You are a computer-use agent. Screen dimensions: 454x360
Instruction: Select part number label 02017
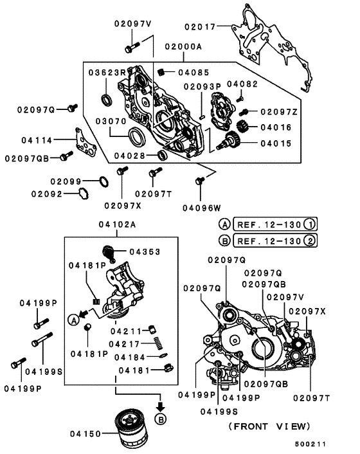coord(201,26)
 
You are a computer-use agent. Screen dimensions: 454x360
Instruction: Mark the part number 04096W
coord(201,207)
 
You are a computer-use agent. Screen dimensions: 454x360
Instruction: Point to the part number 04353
coord(145,251)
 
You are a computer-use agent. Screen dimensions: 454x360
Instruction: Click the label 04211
coord(125,331)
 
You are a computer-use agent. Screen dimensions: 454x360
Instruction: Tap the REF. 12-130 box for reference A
coord(275,224)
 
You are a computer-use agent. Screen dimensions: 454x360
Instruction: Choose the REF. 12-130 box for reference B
coord(275,241)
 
